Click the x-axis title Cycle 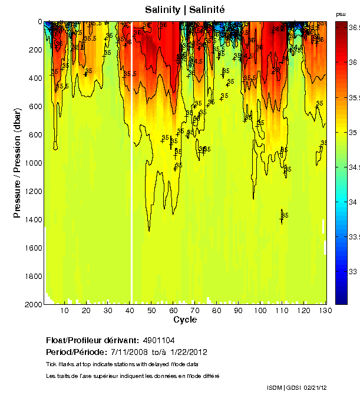pos(184,320)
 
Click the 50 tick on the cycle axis pos(151,310)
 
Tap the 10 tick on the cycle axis pos(65,310)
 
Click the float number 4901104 pos(157,341)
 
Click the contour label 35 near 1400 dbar pos(285,215)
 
